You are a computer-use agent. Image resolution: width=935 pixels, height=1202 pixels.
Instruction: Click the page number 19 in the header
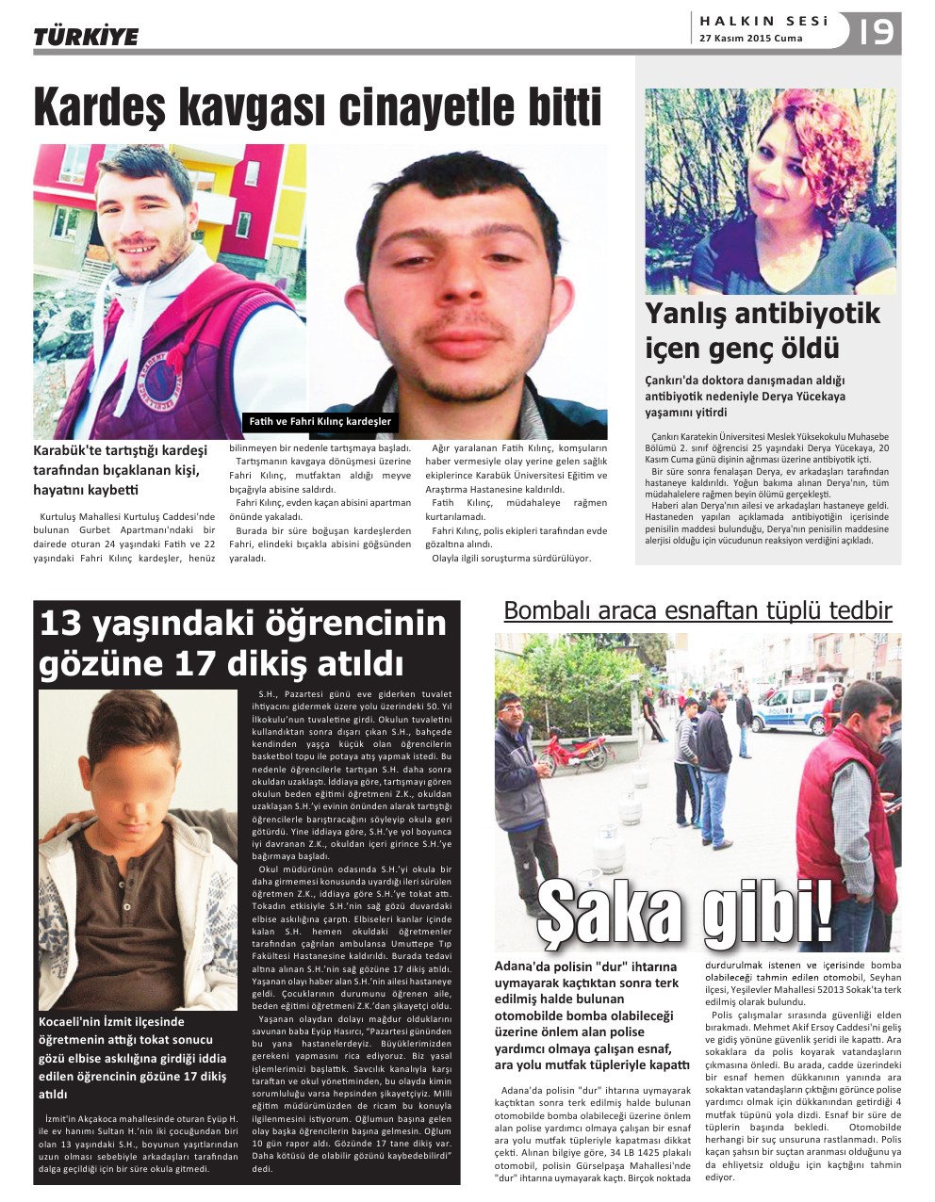tap(876, 33)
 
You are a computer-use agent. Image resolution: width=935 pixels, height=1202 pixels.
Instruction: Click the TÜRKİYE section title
tap(86, 37)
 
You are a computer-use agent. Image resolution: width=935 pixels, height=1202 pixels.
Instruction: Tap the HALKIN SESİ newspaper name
tap(763, 21)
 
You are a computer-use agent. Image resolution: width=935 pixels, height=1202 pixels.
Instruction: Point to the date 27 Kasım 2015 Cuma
tap(750, 39)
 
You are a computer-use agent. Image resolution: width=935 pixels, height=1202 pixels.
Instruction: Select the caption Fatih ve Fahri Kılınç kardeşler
tap(319, 421)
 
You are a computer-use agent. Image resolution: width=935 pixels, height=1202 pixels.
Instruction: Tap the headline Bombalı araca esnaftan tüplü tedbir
tap(697, 610)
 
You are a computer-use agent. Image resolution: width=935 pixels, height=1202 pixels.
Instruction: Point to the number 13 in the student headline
tap(62, 624)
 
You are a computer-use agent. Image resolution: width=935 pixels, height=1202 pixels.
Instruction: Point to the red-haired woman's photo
tap(769, 191)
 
